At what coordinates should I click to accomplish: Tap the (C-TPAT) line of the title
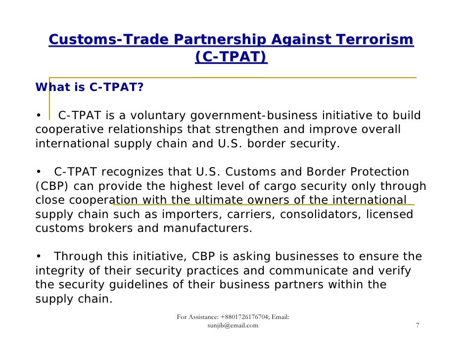231,58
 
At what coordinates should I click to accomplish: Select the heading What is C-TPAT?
90,88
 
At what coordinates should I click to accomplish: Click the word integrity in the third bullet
59,271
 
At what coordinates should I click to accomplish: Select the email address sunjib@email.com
233,325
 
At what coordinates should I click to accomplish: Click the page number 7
418,325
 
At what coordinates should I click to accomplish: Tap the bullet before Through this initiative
38,257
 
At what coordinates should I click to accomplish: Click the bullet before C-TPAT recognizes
38,173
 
